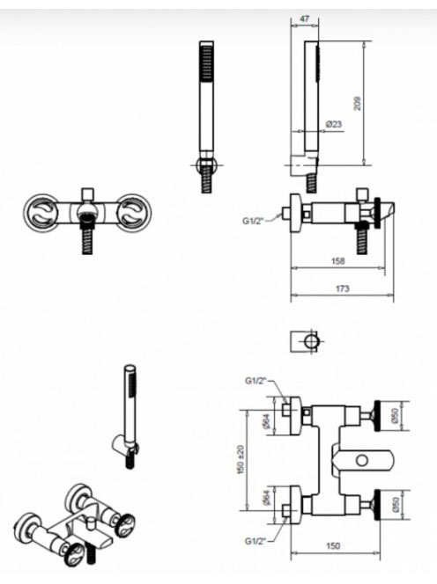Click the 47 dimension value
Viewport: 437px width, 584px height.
click(x=305, y=18)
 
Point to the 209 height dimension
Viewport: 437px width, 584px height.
click(x=357, y=103)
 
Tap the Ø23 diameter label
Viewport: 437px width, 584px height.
click(x=333, y=124)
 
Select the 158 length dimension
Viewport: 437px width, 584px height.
click(x=338, y=261)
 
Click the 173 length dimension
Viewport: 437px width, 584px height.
click(x=343, y=288)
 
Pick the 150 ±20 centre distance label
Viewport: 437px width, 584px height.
click(x=241, y=460)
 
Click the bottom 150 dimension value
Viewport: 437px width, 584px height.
click(x=333, y=545)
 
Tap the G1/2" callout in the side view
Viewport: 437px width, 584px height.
click(x=254, y=221)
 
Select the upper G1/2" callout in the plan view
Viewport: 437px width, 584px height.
click(x=256, y=381)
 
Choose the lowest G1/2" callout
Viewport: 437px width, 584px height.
click(x=256, y=541)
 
